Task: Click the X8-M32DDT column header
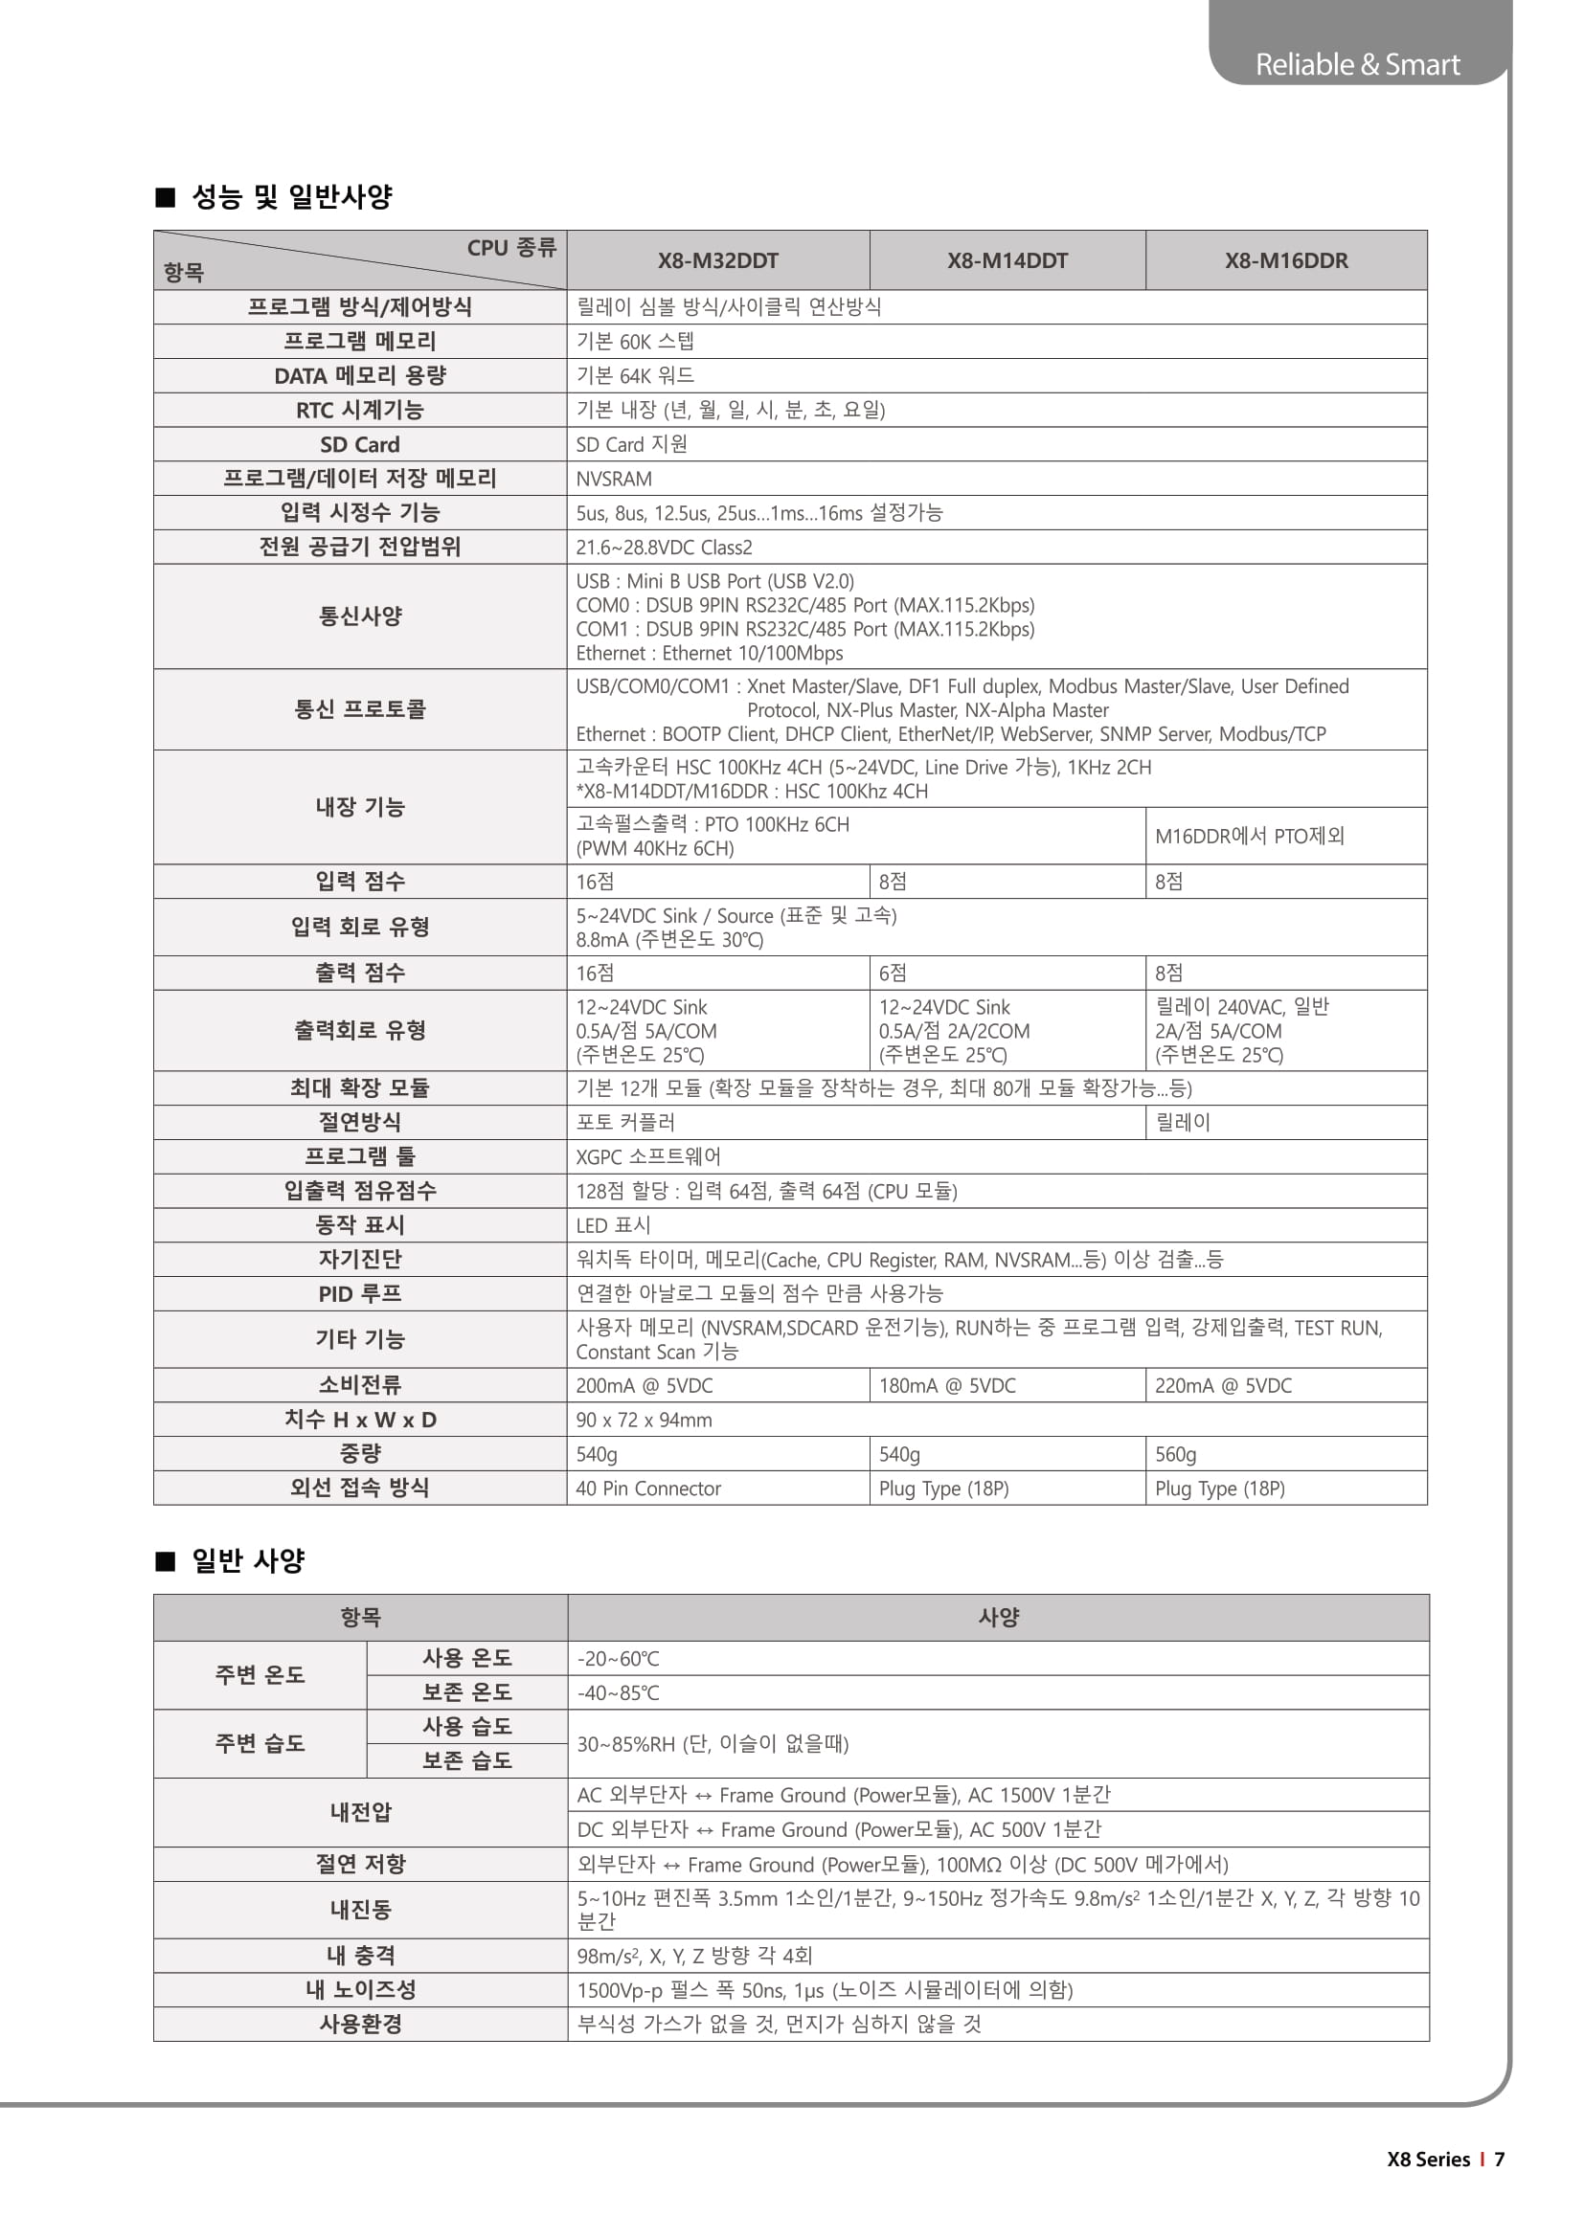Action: point(718,260)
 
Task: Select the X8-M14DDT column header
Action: point(1007,260)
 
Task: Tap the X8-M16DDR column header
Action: point(1285,260)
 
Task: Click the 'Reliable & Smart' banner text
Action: point(1357,64)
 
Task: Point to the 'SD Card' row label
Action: point(360,445)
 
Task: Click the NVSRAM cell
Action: point(614,479)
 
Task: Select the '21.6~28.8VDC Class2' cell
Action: point(664,548)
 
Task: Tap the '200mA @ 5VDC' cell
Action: point(644,1386)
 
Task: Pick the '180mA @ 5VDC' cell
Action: point(946,1386)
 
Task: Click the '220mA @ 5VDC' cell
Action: point(1222,1386)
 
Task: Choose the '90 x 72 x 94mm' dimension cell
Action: point(644,1420)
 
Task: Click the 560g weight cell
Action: point(1175,1454)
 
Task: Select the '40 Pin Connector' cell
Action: point(647,1489)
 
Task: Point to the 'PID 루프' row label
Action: point(360,1294)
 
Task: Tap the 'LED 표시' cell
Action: point(613,1225)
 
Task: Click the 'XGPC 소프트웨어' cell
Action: point(647,1156)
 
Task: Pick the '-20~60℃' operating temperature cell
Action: point(618,1659)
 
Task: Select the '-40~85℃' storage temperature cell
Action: point(618,1693)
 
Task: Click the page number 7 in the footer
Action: point(1499,2159)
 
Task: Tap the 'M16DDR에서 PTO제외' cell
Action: point(1249,836)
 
